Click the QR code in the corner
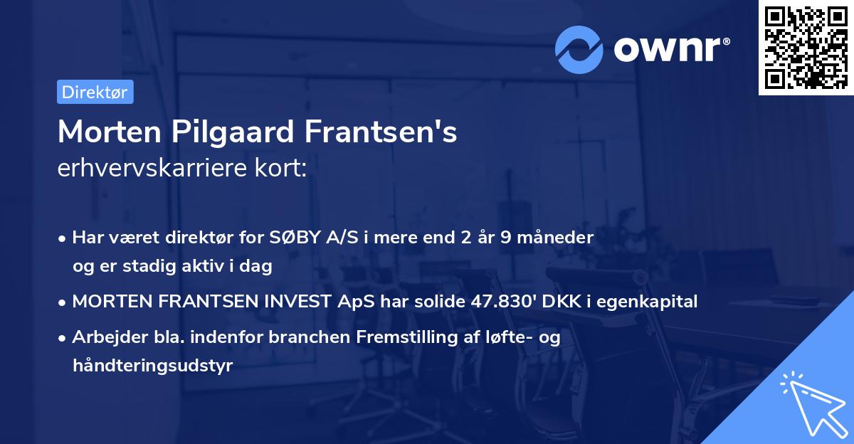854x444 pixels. point(806,47)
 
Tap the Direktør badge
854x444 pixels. point(95,92)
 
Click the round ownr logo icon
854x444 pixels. point(579,49)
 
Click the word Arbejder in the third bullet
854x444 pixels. point(105,337)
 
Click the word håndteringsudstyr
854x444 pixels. point(152,366)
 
